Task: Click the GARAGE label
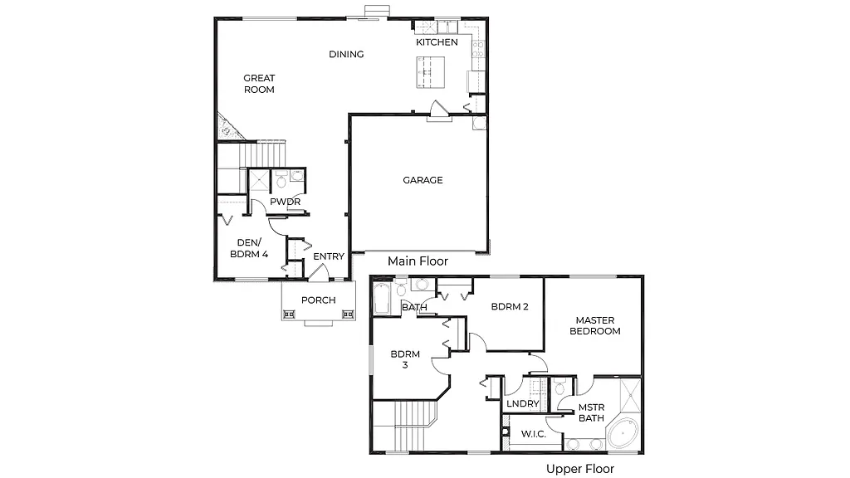(x=423, y=180)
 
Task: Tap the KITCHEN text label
(x=437, y=42)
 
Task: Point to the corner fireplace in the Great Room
(x=226, y=128)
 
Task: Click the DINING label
(x=346, y=55)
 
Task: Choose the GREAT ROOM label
(x=259, y=84)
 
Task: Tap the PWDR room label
(x=285, y=202)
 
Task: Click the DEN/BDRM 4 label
(x=248, y=248)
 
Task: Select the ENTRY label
(x=328, y=256)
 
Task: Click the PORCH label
(x=318, y=300)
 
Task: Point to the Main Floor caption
(x=418, y=261)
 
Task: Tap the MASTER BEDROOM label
(x=598, y=325)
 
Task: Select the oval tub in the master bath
(x=622, y=436)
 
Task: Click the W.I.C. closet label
(x=532, y=434)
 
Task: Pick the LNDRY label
(x=522, y=404)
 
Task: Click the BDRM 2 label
(x=510, y=306)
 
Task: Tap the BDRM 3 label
(x=405, y=359)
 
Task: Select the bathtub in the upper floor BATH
(x=382, y=298)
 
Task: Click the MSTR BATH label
(x=591, y=412)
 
